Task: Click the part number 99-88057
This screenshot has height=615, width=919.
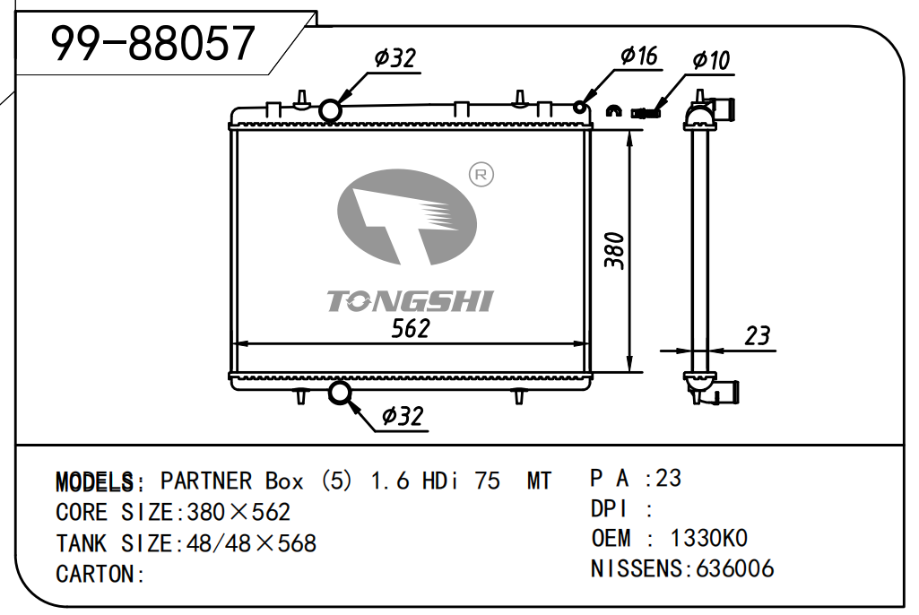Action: (153, 43)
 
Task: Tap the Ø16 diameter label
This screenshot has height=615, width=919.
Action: (638, 56)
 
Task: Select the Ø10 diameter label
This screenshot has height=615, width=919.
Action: (711, 60)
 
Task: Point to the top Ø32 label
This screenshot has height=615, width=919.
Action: (395, 58)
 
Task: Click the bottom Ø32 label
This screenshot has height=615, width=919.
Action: (401, 416)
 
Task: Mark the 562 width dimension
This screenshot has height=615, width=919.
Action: (411, 328)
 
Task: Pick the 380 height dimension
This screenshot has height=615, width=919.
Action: (614, 250)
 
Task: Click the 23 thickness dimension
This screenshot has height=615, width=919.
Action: (758, 336)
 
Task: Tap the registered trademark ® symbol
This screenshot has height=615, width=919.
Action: (481, 175)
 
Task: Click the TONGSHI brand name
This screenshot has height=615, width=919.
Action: (410, 300)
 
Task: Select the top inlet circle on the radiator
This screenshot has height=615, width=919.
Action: (330, 109)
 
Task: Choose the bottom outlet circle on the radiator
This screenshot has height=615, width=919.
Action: (341, 392)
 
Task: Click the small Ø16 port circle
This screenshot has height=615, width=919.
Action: (580, 108)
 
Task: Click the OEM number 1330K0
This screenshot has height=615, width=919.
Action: (708, 538)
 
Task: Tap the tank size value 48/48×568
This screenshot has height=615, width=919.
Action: (249, 543)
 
